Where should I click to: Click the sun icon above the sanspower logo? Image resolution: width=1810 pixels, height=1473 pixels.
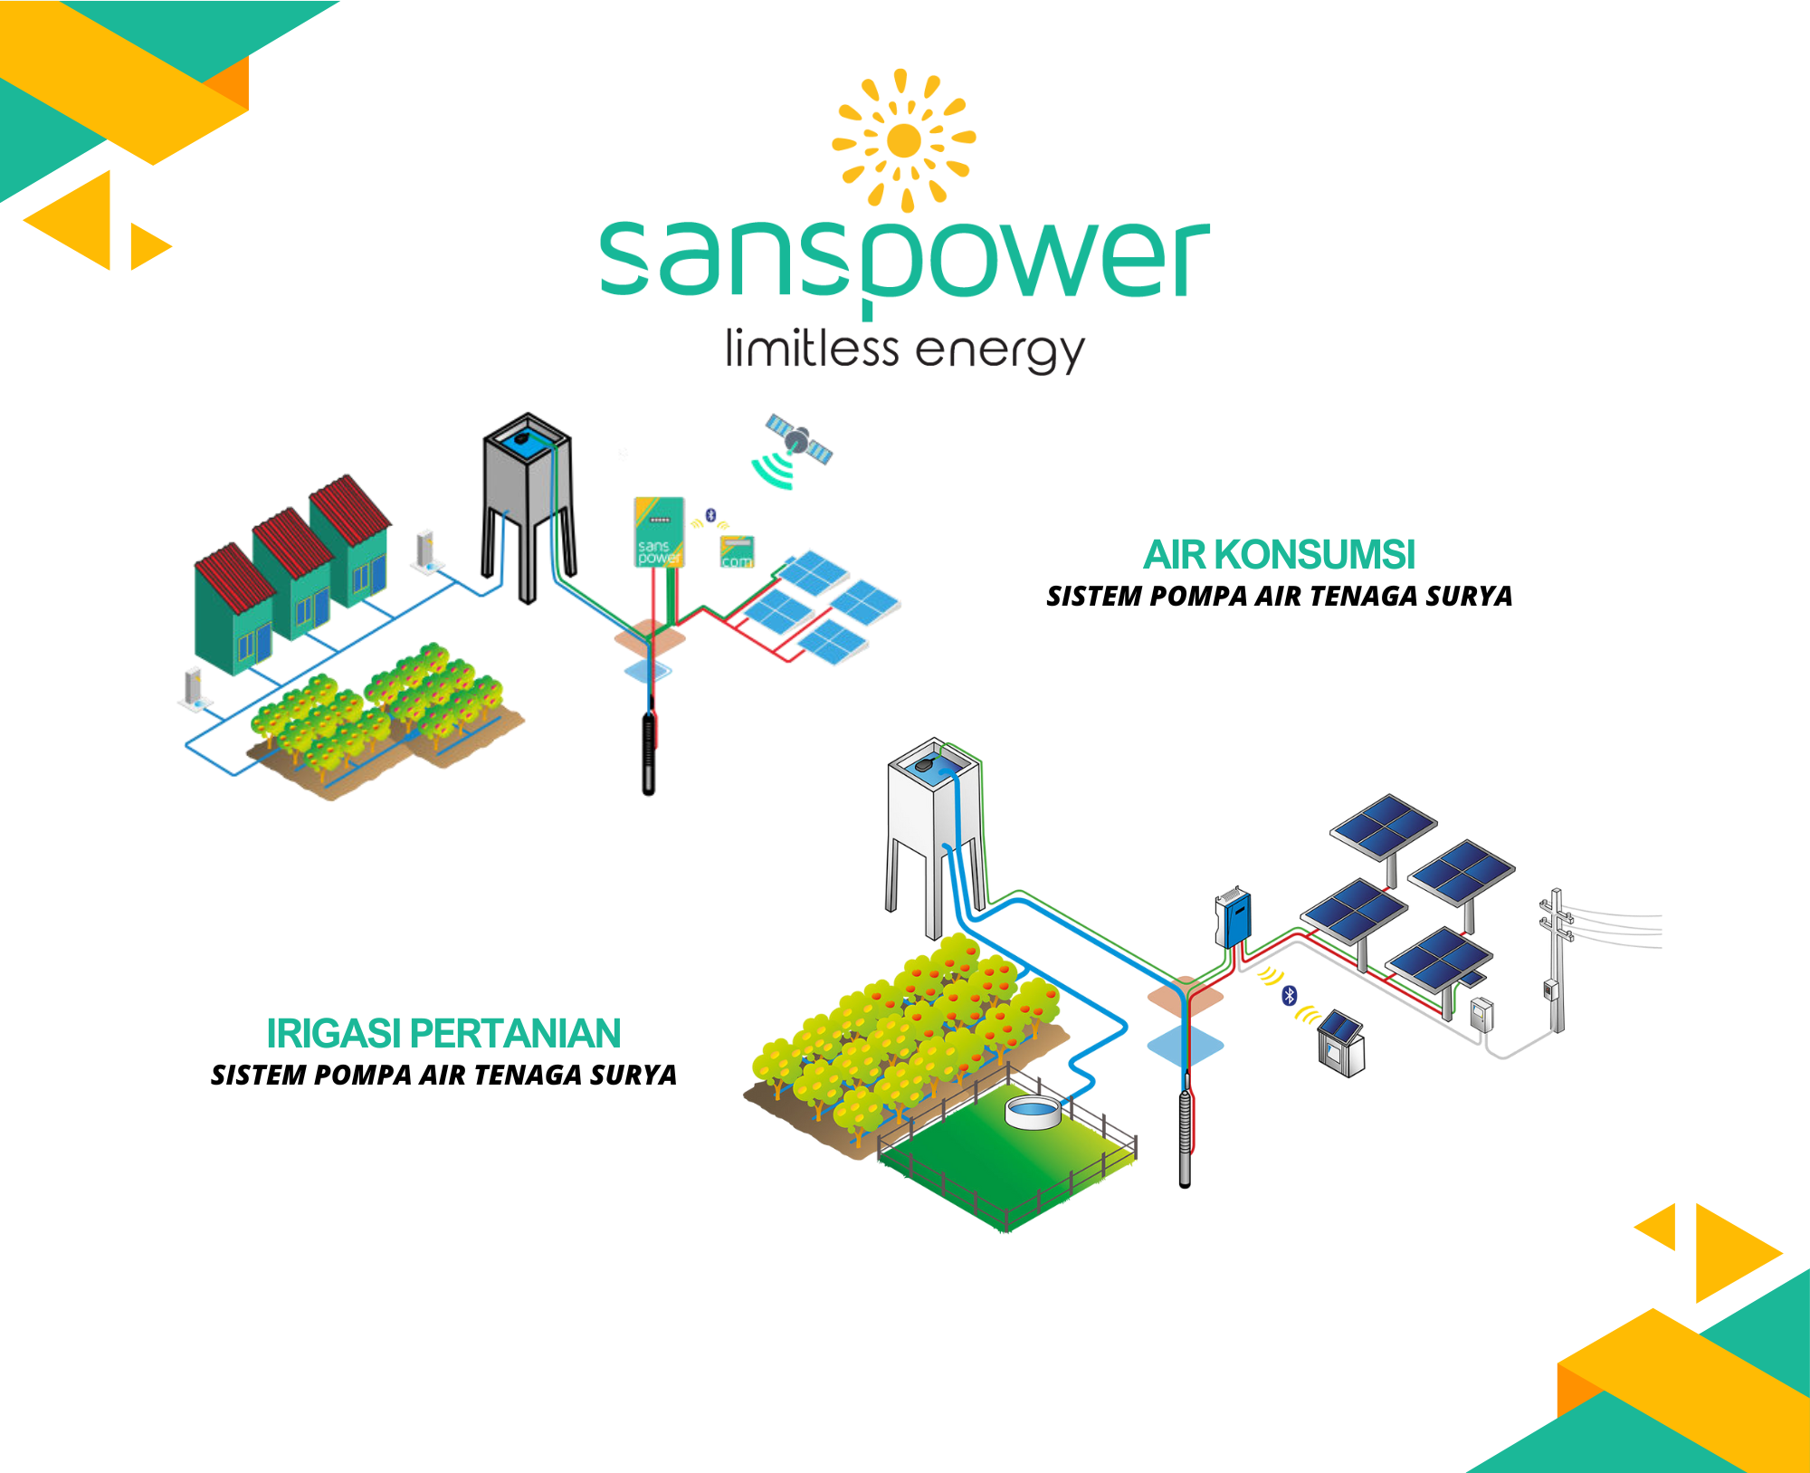[x=903, y=140]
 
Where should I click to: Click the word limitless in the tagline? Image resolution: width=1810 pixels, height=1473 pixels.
[x=812, y=349]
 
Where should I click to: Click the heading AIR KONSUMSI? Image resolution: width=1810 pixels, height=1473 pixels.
[x=1279, y=554]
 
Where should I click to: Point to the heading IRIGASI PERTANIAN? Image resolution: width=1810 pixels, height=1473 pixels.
[x=443, y=1033]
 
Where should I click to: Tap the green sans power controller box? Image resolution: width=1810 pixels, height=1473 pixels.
[x=659, y=532]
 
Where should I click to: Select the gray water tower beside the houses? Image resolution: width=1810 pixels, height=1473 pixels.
[x=528, y=507]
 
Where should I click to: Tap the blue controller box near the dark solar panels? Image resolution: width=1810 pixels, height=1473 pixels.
[x=1234, y=917]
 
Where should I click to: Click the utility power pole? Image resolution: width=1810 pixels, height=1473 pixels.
[x=1557, y=961]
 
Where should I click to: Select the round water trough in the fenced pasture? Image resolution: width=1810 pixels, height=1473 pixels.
[x=1033, y=1113]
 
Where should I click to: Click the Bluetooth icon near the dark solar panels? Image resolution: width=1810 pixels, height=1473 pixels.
[x=1290, y=996]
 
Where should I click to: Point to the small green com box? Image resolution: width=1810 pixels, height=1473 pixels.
[x=737, y=551]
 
